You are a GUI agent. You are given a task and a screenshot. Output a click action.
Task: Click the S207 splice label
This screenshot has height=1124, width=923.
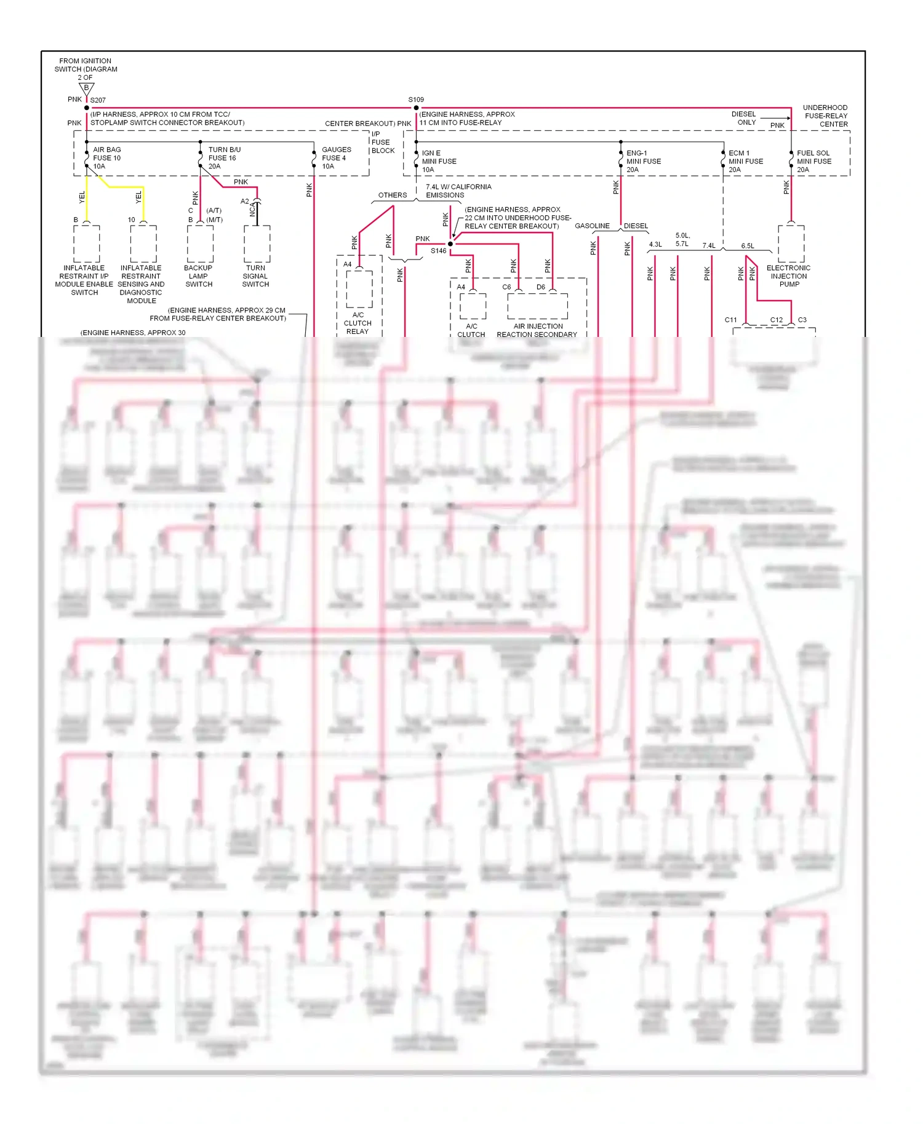98,100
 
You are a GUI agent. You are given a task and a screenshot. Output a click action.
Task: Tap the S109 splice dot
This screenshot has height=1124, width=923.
417,108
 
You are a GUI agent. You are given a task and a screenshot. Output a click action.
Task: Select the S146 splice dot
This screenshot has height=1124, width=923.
450,244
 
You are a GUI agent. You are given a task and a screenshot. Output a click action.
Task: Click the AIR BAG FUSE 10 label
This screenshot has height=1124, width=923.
107,158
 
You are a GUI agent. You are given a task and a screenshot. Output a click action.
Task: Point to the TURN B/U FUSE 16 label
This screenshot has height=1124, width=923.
225,158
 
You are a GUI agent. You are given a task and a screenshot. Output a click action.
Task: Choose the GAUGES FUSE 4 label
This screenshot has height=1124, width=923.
336,158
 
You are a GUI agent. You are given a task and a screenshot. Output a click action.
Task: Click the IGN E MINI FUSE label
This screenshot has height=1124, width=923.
439,161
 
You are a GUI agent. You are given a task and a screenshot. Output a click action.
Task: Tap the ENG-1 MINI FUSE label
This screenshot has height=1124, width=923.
644,161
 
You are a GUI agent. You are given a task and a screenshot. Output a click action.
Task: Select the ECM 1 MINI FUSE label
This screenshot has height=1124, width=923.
746,161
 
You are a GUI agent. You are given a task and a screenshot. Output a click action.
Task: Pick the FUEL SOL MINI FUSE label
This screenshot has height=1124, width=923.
814,161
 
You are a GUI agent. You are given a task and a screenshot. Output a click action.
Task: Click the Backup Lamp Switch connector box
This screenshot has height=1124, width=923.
201,243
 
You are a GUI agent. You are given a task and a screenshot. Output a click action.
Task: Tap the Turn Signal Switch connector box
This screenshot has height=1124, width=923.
257,243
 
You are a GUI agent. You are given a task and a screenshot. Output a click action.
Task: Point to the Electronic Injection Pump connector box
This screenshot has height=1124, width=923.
791,243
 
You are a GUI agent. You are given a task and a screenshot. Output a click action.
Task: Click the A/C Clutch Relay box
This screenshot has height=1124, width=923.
359,289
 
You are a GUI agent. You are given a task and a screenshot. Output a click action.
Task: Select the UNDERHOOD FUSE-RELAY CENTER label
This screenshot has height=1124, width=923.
826,116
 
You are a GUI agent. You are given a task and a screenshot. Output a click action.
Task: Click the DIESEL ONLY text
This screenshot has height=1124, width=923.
743,118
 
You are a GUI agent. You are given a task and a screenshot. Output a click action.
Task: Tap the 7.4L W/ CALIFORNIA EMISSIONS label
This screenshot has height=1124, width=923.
458,191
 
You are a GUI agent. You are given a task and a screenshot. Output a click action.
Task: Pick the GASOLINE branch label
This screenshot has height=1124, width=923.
592,226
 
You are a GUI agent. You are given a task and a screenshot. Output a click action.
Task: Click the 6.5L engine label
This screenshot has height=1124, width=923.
748,246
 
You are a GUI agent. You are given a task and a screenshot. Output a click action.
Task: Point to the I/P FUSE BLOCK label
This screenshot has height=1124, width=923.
383,142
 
